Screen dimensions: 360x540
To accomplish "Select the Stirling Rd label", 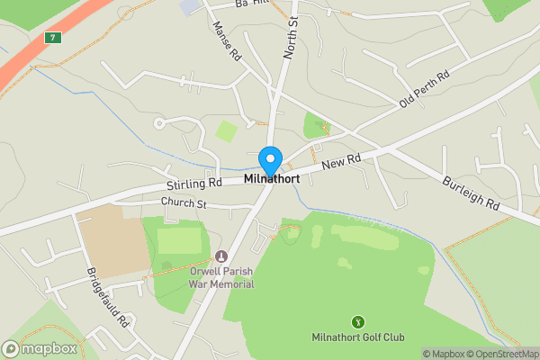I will [x=193, y=184].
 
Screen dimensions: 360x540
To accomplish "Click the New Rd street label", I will [x=341, y=161].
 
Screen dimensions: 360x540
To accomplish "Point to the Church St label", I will [x=184, y=204].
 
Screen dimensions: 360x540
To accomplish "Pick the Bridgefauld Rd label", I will [x=109, y=297].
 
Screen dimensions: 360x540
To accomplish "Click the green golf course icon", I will [x=357, y=321].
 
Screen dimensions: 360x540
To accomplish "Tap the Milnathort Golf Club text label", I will [x=357, y=337].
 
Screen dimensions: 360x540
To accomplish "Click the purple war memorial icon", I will [x=221, y=256].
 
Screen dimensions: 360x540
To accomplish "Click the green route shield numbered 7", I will [x=52, y=37].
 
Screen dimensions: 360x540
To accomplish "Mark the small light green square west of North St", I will [x=227, y=131].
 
